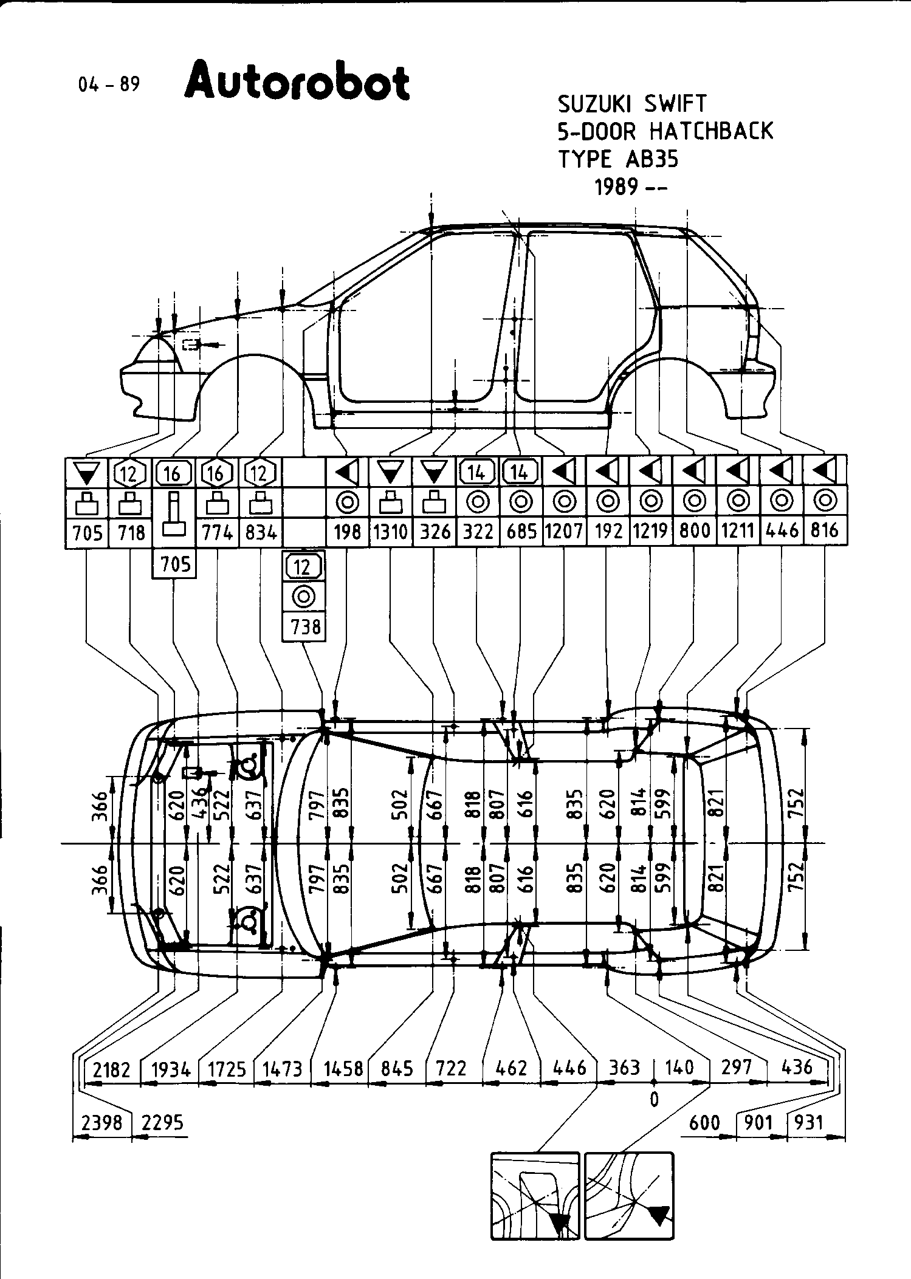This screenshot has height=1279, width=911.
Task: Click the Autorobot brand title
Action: click(297, 81)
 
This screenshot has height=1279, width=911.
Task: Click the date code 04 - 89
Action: click(109, 84)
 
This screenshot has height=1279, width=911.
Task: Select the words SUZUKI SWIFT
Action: click(632, 104)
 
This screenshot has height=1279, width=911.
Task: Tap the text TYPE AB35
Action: click(618, 159)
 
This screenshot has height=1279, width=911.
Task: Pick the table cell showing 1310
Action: click(390, 532)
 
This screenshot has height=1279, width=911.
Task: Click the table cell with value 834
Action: click(261, 532)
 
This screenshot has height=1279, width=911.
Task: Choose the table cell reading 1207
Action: click(563, 532)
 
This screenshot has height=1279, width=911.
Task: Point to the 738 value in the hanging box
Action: click(304, 626)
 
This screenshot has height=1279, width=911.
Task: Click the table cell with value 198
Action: click(348, 532)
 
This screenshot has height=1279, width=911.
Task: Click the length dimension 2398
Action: click(101, 1122)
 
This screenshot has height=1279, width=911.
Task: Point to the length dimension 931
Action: click(808, 1122)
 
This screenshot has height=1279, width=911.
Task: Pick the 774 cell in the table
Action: click(217, 532)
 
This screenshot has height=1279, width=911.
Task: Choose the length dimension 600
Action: click(704, 1122)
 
